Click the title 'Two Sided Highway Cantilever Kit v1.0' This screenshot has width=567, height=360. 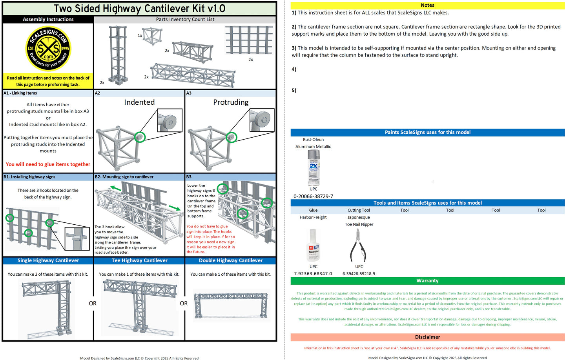tap(139, 8)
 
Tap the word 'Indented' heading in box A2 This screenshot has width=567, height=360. tap(139, 102)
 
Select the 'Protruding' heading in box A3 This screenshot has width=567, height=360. tap(231, 102)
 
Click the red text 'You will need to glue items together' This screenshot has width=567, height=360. tap(48, 164)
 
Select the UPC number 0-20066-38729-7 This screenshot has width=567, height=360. tap(313, 196)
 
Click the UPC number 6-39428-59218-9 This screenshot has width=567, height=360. tap(359, 274)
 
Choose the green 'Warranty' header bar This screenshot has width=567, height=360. tap(427, 281)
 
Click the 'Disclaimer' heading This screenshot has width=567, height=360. tap(427, 337)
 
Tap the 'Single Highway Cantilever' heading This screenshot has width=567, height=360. tap(48, 260)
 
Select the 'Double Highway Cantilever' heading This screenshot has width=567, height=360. tap(231, 260)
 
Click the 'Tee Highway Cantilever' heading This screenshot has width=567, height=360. tap(139, 260)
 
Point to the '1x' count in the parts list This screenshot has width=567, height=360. tap(140, 36)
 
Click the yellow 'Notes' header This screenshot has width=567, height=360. tap(427, 5)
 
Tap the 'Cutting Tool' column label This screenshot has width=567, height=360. tap(359, 210)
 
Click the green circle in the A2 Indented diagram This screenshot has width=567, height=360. tap(140, 137)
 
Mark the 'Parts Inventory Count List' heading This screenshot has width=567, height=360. tap(185, 19)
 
